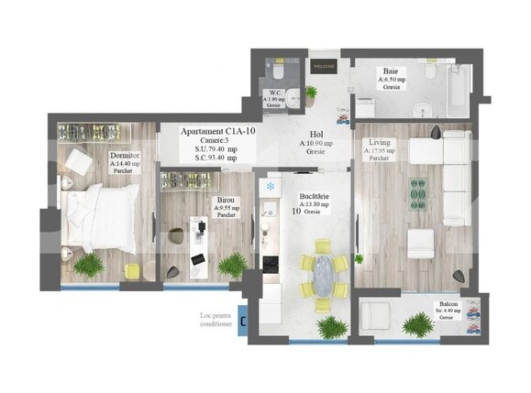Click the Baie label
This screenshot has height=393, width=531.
(393, 71)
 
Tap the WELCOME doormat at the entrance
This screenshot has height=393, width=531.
(325, 67)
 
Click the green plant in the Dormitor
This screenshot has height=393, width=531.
(91, 267)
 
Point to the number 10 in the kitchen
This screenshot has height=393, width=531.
(296, 212)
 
